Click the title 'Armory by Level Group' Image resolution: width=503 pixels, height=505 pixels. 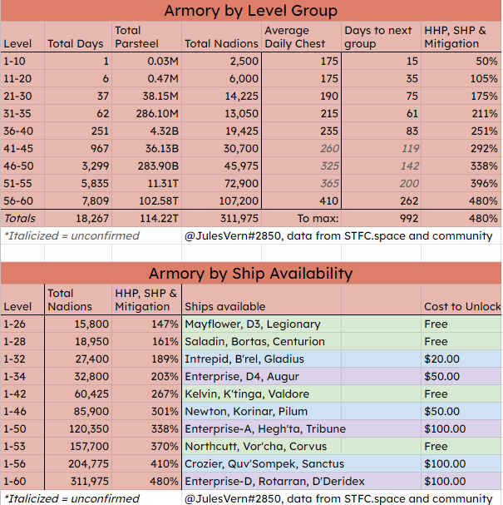[251, 11]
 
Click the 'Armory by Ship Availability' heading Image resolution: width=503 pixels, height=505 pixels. [251, 273]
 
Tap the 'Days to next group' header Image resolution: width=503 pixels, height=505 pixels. [378, 37]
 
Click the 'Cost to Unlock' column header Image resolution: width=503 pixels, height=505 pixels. [461, 306]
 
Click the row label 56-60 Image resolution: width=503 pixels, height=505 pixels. [18, 200]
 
